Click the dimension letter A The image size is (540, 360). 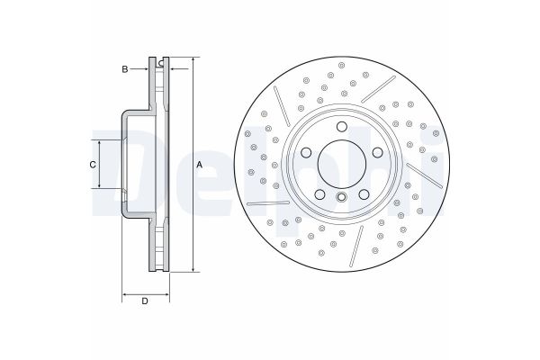[200, 163]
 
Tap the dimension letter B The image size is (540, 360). [126, 68]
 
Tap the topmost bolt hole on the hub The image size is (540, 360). [343, 128]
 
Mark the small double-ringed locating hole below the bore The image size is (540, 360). [343, 197]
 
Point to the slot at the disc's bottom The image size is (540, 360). [357, 241]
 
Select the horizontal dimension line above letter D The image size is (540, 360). [144, 295]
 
